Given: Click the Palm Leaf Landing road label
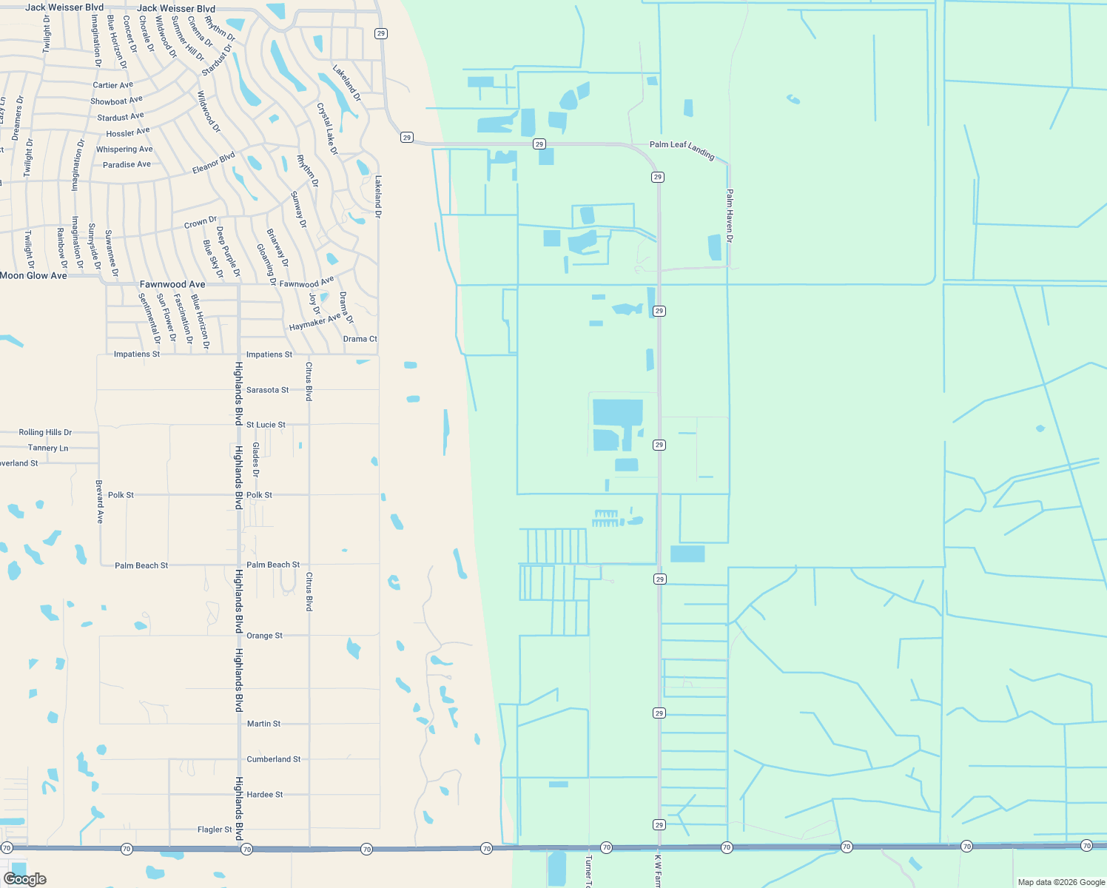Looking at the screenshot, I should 682,149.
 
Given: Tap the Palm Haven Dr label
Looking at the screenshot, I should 730,215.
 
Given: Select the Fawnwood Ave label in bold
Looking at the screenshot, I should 172,284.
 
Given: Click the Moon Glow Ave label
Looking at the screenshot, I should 34,275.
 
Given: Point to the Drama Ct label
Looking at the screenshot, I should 360,339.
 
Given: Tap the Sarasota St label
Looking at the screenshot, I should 267,390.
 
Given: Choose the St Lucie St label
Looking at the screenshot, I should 266,425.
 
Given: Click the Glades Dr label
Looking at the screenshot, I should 256,460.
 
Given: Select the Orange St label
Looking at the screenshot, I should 264,636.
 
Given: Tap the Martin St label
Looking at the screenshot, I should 263,724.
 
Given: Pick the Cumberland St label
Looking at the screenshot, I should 273,759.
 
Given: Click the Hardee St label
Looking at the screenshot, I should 265,795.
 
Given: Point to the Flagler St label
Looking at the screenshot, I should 215,830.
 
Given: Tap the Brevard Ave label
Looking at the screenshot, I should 100,502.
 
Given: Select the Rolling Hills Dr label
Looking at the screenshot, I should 45,432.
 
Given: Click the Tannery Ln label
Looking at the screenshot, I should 48,448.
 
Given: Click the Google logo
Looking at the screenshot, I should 25,879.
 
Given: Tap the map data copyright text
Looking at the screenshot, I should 1060,882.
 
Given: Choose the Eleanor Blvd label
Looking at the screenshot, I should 214,163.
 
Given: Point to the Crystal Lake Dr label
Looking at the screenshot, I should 327,129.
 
